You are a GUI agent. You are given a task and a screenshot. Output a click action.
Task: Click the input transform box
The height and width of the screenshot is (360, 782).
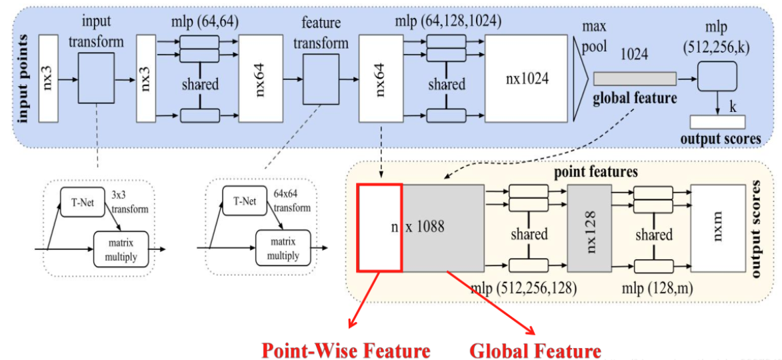(x=96, y=78)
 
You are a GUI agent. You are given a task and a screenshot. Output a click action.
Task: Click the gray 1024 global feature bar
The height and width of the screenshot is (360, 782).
(x=634, y=78)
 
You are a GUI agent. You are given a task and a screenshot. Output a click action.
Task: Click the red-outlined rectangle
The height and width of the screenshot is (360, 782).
(x=379, y=227)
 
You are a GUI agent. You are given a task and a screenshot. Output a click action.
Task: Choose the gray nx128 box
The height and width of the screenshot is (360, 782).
(x=589, y=227)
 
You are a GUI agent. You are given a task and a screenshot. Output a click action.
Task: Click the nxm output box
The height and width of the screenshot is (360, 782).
(x=715, y=227)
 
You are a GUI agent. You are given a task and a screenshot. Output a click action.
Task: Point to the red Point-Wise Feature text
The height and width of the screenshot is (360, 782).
(x=345, y=350)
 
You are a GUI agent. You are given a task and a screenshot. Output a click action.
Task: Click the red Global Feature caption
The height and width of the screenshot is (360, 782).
(x=535, y=350)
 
